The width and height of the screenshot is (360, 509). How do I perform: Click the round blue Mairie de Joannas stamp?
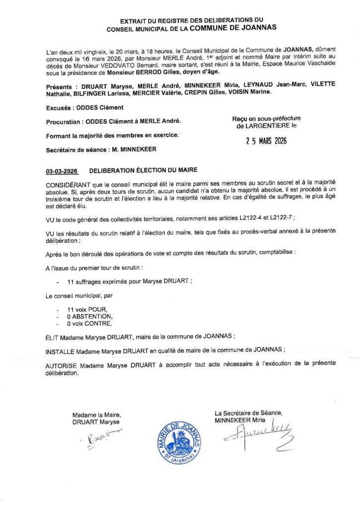click(180, 439)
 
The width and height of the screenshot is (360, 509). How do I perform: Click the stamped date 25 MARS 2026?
click(266, 141)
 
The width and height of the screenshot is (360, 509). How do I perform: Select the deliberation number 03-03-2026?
click(62, 171)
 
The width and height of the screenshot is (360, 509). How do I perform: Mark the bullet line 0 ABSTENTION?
click(90, 317)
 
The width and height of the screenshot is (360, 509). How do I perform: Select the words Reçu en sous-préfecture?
click(266, 118)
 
